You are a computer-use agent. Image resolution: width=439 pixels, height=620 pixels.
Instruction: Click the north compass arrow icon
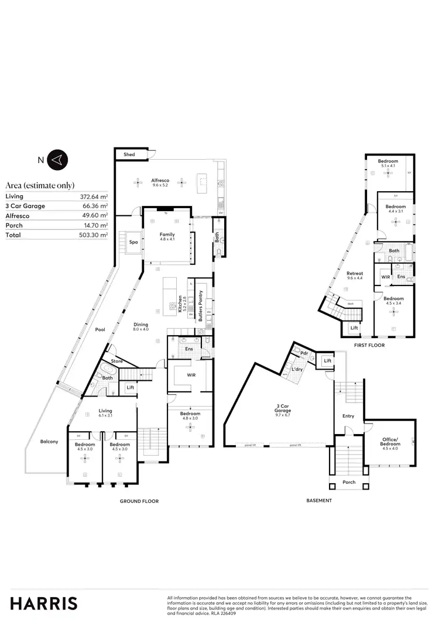(59, 159)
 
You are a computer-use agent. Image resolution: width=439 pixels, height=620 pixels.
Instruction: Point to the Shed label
(129, 154)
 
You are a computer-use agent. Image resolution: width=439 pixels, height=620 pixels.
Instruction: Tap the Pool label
(100, 329)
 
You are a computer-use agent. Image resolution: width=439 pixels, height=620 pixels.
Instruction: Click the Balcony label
(49, 441)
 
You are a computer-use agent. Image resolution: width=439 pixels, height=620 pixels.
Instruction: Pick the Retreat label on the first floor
(355, 273)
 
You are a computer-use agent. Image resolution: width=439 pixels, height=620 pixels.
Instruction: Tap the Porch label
(349, 483)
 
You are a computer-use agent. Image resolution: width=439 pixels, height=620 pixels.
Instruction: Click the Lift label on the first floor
(354, 328)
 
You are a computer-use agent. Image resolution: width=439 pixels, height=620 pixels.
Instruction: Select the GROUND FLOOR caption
(139, 501)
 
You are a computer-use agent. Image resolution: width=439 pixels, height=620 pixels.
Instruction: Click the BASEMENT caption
(319, 501)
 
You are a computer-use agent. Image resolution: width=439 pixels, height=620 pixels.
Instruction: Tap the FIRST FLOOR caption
(369, 346)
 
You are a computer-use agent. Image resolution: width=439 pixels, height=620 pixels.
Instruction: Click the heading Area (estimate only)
(40, 185)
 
